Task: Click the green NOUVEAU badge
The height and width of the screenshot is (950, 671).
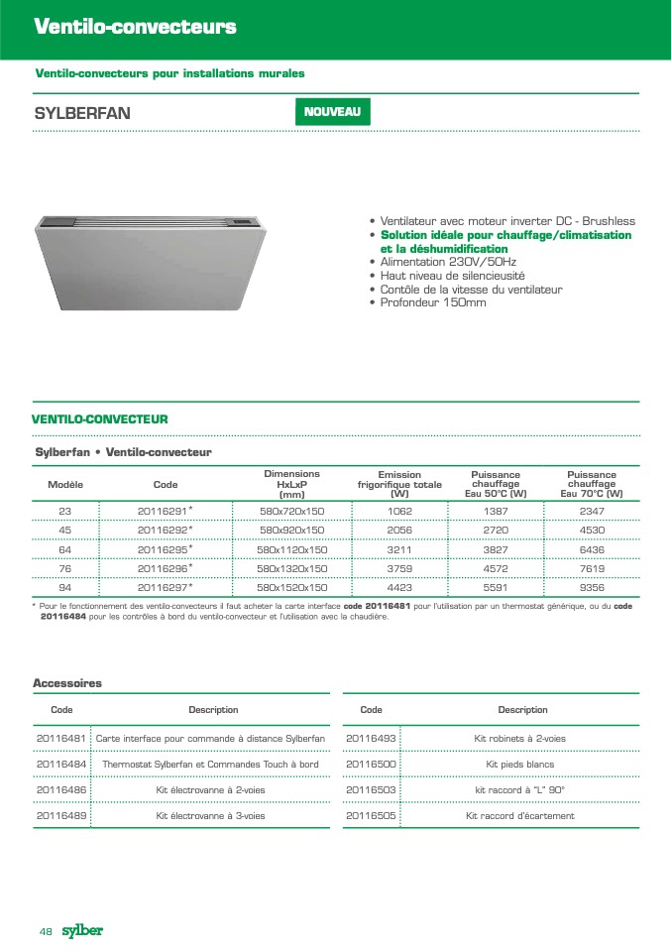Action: pos(332,112)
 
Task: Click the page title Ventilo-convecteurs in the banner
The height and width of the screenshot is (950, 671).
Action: pos(135,27)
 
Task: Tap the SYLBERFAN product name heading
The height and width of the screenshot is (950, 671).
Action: pos(82,112)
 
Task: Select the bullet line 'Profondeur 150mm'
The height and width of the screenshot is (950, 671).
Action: pos(433,302)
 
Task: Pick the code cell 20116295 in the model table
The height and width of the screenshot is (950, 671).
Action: pos(165,548)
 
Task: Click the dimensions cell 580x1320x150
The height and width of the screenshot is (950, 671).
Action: pos(292,568)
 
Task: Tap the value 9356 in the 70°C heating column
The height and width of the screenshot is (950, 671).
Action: pos(592,587)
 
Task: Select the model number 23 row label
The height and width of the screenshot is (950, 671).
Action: pos(65,510)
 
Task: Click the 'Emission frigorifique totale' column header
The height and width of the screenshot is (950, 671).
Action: pos(399,484)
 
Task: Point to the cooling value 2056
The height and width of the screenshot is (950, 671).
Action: pos(399,530)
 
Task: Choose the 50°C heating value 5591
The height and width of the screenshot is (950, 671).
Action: pos(496,587)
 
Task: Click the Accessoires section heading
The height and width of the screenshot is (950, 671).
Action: pos(67,683)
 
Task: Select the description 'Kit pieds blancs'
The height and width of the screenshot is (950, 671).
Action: pos(520,765)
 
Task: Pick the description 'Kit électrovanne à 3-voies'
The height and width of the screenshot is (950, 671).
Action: pos(211,815)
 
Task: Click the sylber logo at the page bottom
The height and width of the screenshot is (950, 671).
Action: pos(82,930)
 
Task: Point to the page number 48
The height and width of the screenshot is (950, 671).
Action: pos(46,931)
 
